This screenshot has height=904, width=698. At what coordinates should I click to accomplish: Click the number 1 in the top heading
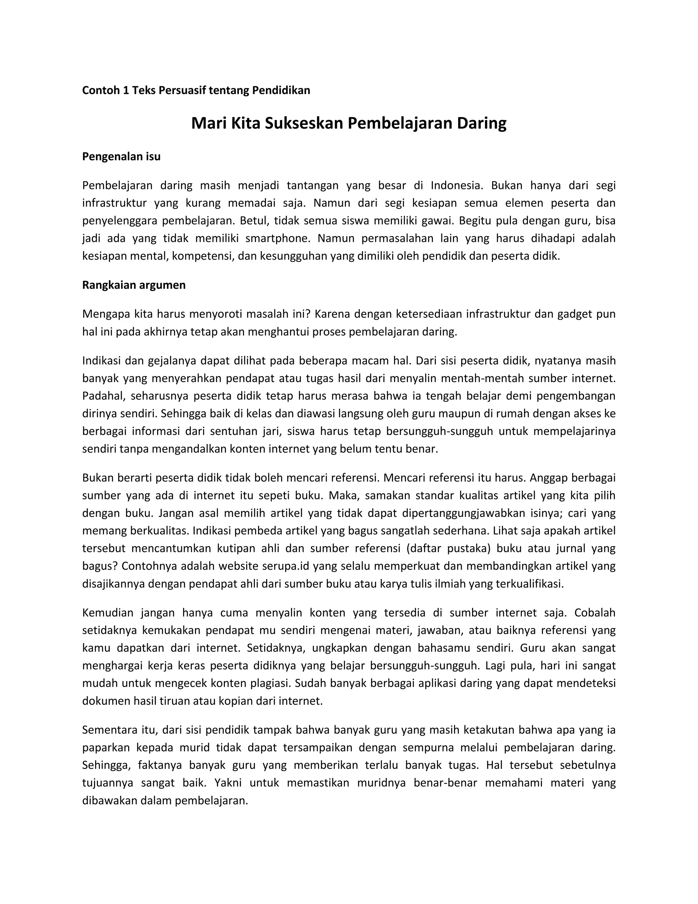pos(126,90)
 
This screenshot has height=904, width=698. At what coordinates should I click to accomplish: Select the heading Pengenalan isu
pos(121,157)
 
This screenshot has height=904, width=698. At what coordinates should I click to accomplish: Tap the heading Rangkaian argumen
pos(134,285)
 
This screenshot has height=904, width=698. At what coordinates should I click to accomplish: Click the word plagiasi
pos(270,683)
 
